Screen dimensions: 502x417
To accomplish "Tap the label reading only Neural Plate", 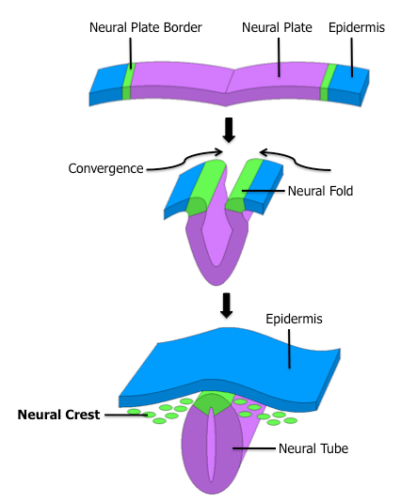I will [279, 28].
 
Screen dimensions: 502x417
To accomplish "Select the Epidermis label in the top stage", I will [356, 28].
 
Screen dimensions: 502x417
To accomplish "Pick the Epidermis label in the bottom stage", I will [295, 320].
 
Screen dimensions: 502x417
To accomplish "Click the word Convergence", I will [105, 168].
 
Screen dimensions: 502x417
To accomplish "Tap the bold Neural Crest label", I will [58, 414].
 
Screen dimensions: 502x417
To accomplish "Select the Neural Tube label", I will [313, 448].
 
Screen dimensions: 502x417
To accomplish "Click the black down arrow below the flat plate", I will [228, 128].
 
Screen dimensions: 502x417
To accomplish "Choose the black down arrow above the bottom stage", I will [226, 304].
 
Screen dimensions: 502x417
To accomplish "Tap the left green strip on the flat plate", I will [127, 80].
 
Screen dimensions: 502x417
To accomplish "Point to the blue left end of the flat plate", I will [106, 83].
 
